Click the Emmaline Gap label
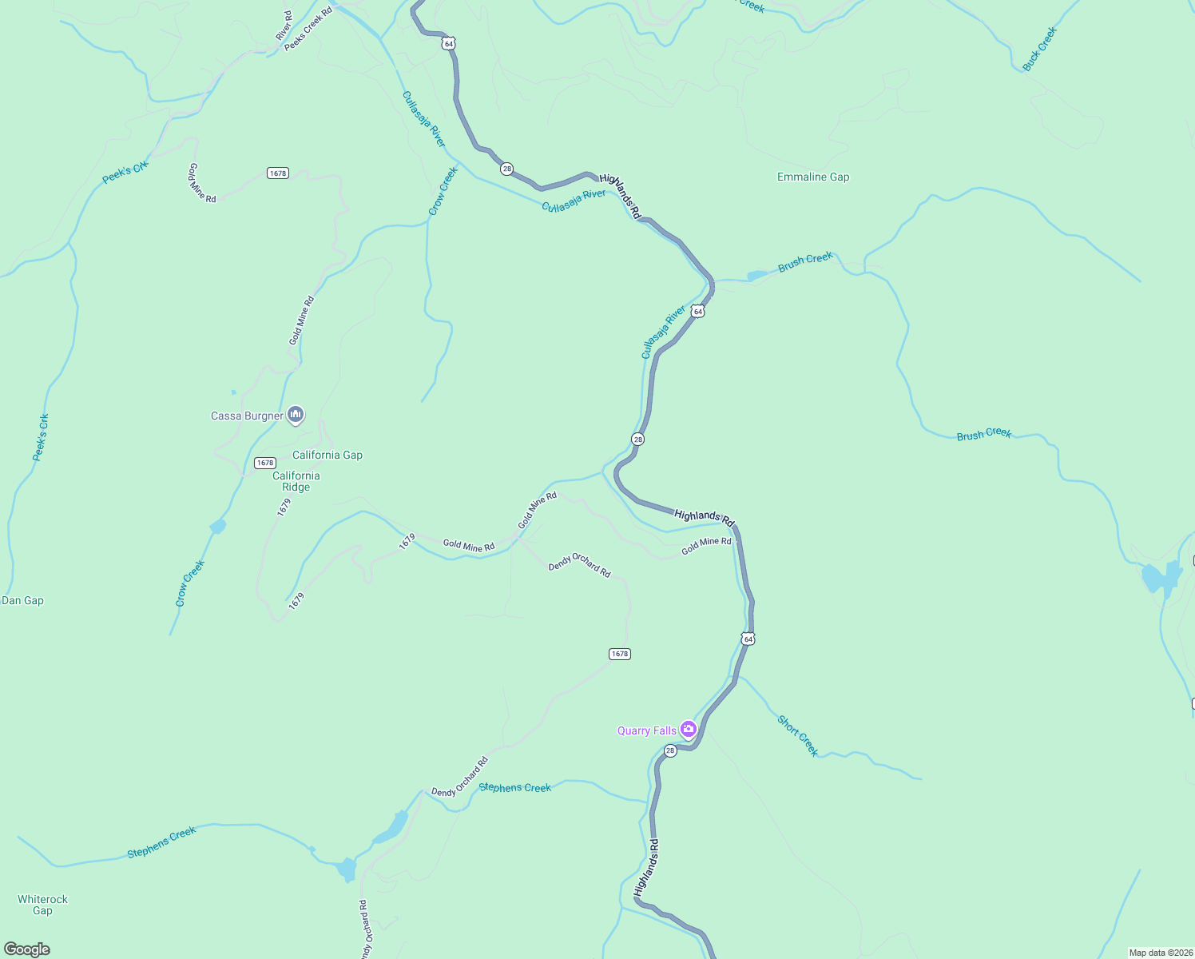(813, 177)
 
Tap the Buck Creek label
(1039, 50)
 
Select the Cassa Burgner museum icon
(296, 414)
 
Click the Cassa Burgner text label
(247, 416)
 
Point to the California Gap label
(328, 455)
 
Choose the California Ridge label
(296, 481)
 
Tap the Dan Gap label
(23, 600)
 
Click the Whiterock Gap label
(42, 905)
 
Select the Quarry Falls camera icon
(689, 729)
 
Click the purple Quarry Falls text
(647, 730)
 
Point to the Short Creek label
(798, 735)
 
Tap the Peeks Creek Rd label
(308, 30)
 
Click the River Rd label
(284, 26)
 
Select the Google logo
(27, 949)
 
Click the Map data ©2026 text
(1160, 953)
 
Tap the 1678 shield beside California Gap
(265, 463)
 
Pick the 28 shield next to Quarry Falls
(670, 750)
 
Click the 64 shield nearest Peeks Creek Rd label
(449, 43)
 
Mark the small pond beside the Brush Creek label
(756, 276)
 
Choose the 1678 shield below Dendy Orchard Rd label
(620, 654)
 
